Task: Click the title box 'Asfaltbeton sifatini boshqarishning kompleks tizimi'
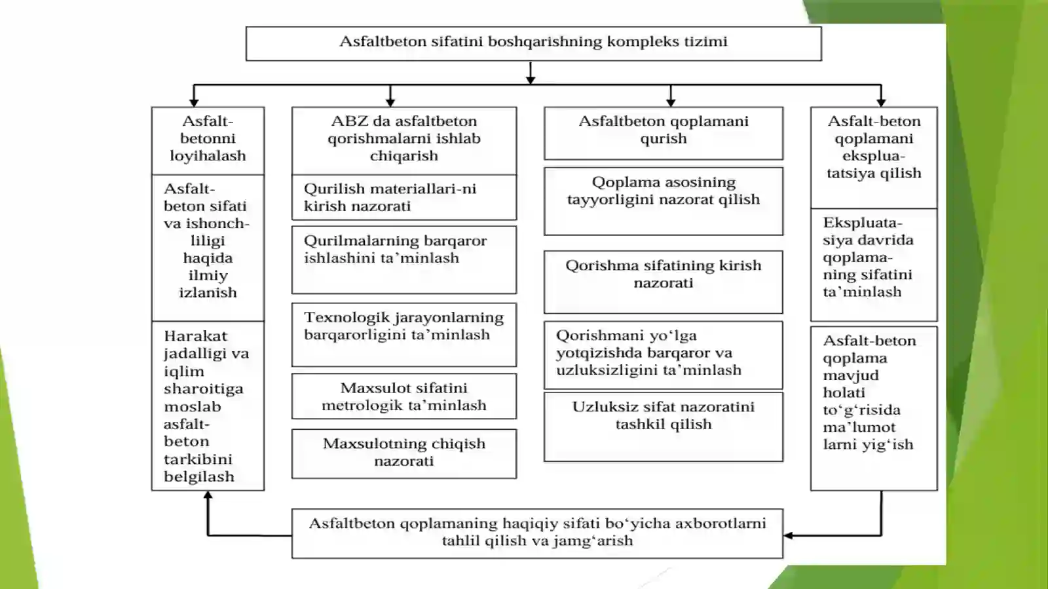533,43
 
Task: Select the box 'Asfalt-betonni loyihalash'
208,141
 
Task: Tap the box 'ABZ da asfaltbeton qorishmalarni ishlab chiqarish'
404,141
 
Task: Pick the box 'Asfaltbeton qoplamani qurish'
664,134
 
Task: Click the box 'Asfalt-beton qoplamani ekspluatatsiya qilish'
874,158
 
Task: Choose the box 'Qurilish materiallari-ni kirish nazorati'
404,197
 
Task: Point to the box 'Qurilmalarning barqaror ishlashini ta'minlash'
404,260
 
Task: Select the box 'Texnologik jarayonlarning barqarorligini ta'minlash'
404,335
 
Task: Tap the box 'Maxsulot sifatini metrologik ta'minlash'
404,396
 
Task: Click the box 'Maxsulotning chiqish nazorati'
404,454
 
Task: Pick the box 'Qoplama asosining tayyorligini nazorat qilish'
664,201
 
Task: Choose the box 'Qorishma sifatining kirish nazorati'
664,282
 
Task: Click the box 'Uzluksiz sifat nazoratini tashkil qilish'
664,427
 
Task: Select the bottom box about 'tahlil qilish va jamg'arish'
537,533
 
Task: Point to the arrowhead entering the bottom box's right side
789,535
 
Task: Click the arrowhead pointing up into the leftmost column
208,495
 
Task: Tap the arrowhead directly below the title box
530,80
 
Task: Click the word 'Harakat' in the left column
196,336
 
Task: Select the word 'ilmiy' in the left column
208,276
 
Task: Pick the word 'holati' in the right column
844,392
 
